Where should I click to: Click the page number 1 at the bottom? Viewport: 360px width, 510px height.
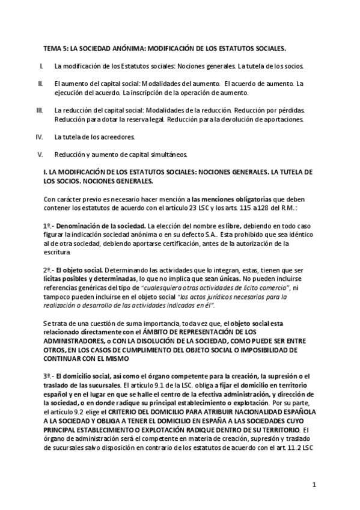(314, 484)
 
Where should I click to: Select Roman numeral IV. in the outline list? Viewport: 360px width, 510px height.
(40, 137)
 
